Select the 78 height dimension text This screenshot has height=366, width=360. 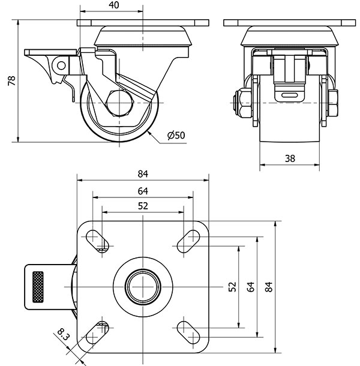tap(10, 81)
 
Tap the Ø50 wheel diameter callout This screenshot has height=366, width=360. tap(176, 136)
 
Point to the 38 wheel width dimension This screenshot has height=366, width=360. tap(289, 158)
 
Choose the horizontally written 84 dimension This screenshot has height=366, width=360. tap(143, 175)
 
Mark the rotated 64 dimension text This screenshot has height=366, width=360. tap(250, 287)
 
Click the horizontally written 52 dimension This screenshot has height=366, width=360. tap(143, 206)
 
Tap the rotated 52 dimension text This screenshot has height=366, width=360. tap(233, 287)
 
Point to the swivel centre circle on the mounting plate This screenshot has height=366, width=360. tap(143, 287)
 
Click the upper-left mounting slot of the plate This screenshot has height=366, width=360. tap(98, 240)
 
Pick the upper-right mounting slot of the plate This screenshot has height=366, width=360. tap(188, 240)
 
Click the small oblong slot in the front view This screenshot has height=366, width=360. tap(289, 94)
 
